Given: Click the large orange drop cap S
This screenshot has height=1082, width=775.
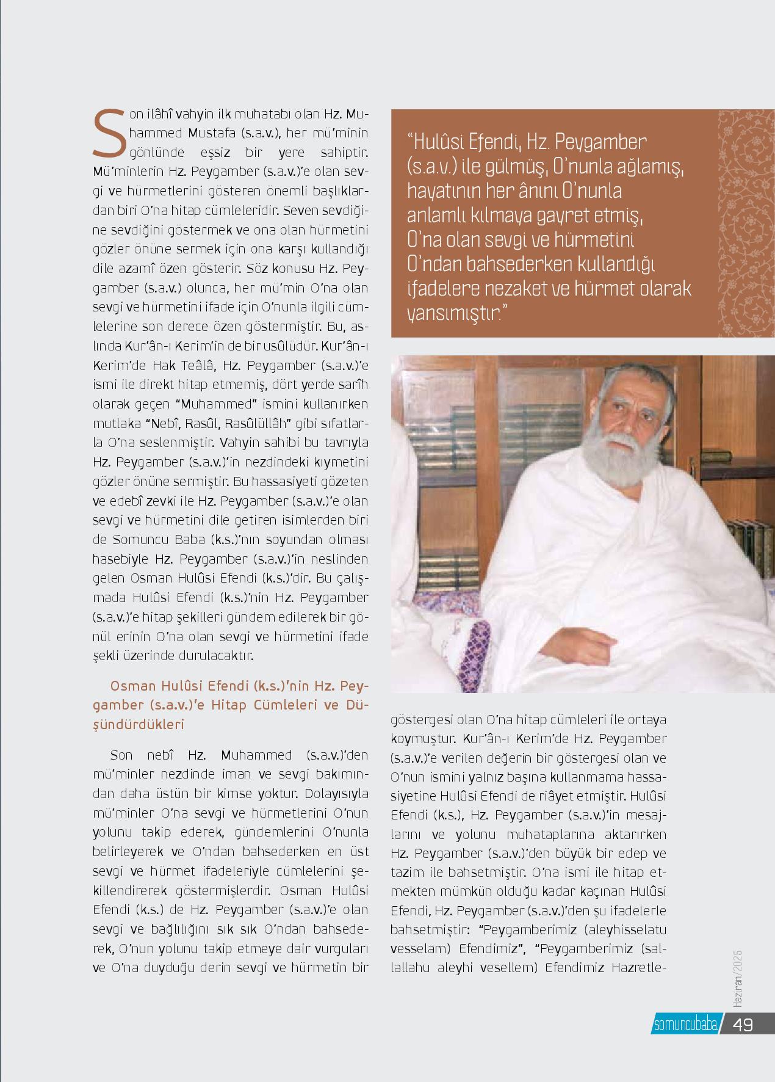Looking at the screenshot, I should coord(109,133).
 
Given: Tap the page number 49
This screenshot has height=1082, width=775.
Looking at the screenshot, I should coord(743,1024).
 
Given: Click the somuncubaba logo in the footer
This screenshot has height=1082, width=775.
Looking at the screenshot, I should coord(685,1025).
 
